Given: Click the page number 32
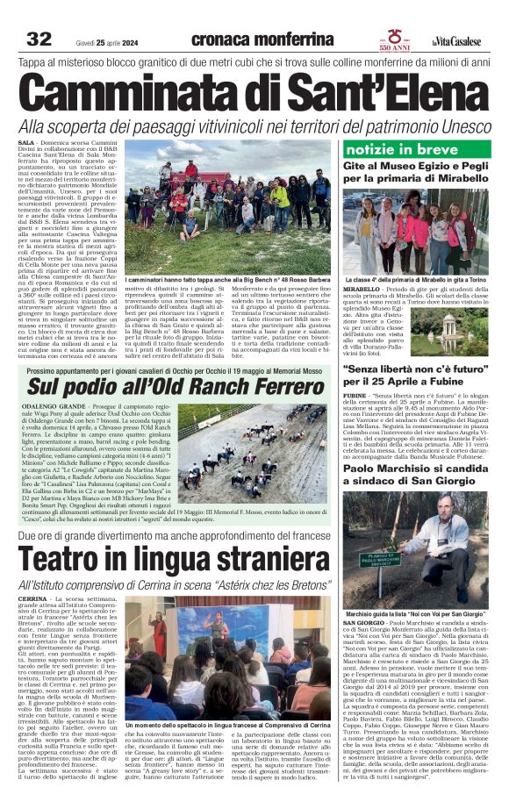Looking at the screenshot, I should [39, 39].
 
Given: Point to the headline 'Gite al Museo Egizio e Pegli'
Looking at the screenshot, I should [416, 174].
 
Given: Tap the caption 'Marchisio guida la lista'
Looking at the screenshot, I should [415, 589].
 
